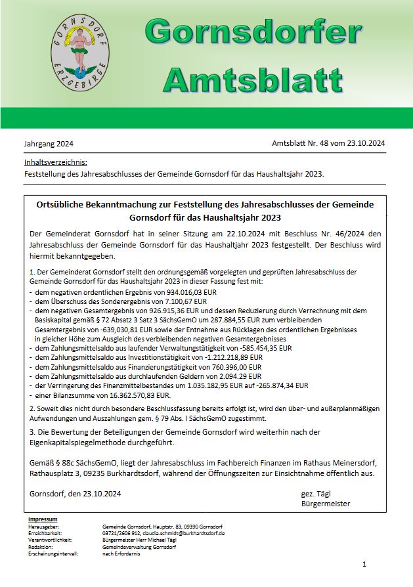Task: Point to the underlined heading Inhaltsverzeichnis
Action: [x=55, y=162]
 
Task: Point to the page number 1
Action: [x=364, y=564]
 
